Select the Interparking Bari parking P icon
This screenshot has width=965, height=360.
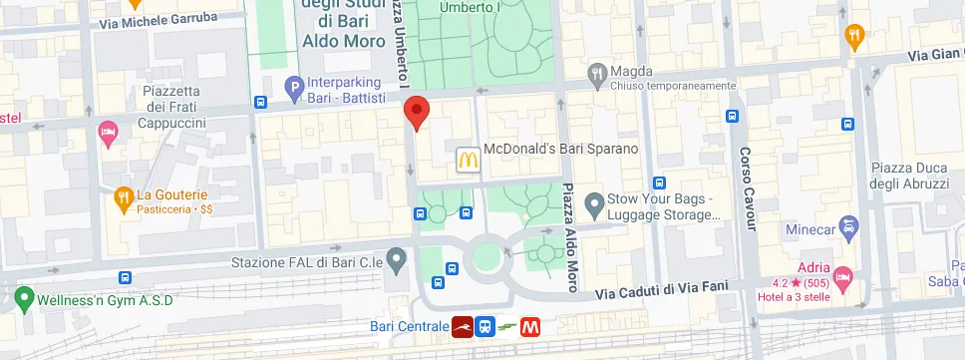coord(294,89)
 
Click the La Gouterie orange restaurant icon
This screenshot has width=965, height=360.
coord(124,197)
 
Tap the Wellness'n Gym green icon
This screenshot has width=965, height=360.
coord(23,297)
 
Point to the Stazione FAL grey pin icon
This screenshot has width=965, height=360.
coord(397,262)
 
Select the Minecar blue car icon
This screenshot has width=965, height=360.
coord(848,227)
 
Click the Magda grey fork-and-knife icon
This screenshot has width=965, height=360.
coord(597,72)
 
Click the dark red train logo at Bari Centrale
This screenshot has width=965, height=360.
coord(462,326)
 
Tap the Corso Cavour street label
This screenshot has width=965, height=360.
coord(747,188)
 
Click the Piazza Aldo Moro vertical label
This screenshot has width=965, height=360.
coord(570,237)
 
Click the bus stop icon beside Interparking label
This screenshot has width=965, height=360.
coord(259,102)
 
